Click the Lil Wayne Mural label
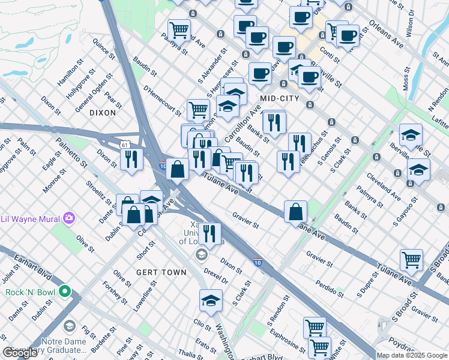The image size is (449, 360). coord(30,217)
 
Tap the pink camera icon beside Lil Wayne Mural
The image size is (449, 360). coord(69,217)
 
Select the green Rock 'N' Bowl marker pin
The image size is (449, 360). coord(70,293)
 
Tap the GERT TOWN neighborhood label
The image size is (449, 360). coord(161,272)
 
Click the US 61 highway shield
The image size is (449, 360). coord(124,145)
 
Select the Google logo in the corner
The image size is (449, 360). coord(20,353)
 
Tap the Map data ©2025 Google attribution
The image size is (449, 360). coord(412,355)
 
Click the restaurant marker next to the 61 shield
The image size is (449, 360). coord(131,159)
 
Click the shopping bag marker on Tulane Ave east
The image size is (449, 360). coord(295,211)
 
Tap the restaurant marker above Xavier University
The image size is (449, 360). coord(209,234)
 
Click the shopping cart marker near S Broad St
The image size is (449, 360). coord(411,260)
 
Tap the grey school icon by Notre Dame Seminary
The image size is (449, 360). coord(70,326)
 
